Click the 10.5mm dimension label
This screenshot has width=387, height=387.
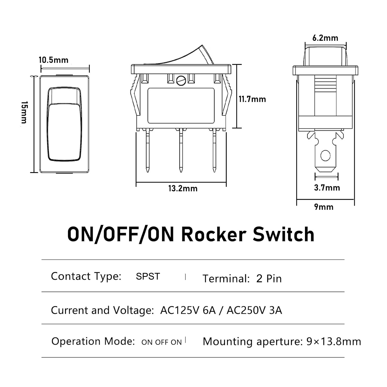53,60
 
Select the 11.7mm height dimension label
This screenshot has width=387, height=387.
252,99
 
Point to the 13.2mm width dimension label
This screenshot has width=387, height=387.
183,189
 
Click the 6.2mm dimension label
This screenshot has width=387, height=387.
325,38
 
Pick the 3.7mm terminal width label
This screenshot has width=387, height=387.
327,188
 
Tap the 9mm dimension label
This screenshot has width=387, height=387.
324,207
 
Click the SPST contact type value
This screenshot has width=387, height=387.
148,276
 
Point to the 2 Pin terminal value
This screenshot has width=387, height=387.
269,279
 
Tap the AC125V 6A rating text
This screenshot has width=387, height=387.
188,310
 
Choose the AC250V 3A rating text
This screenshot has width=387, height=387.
254,310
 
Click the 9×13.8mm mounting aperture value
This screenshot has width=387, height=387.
334,342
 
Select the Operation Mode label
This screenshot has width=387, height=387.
93,341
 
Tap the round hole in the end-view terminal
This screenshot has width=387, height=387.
325,156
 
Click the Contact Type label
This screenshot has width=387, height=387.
86,276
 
